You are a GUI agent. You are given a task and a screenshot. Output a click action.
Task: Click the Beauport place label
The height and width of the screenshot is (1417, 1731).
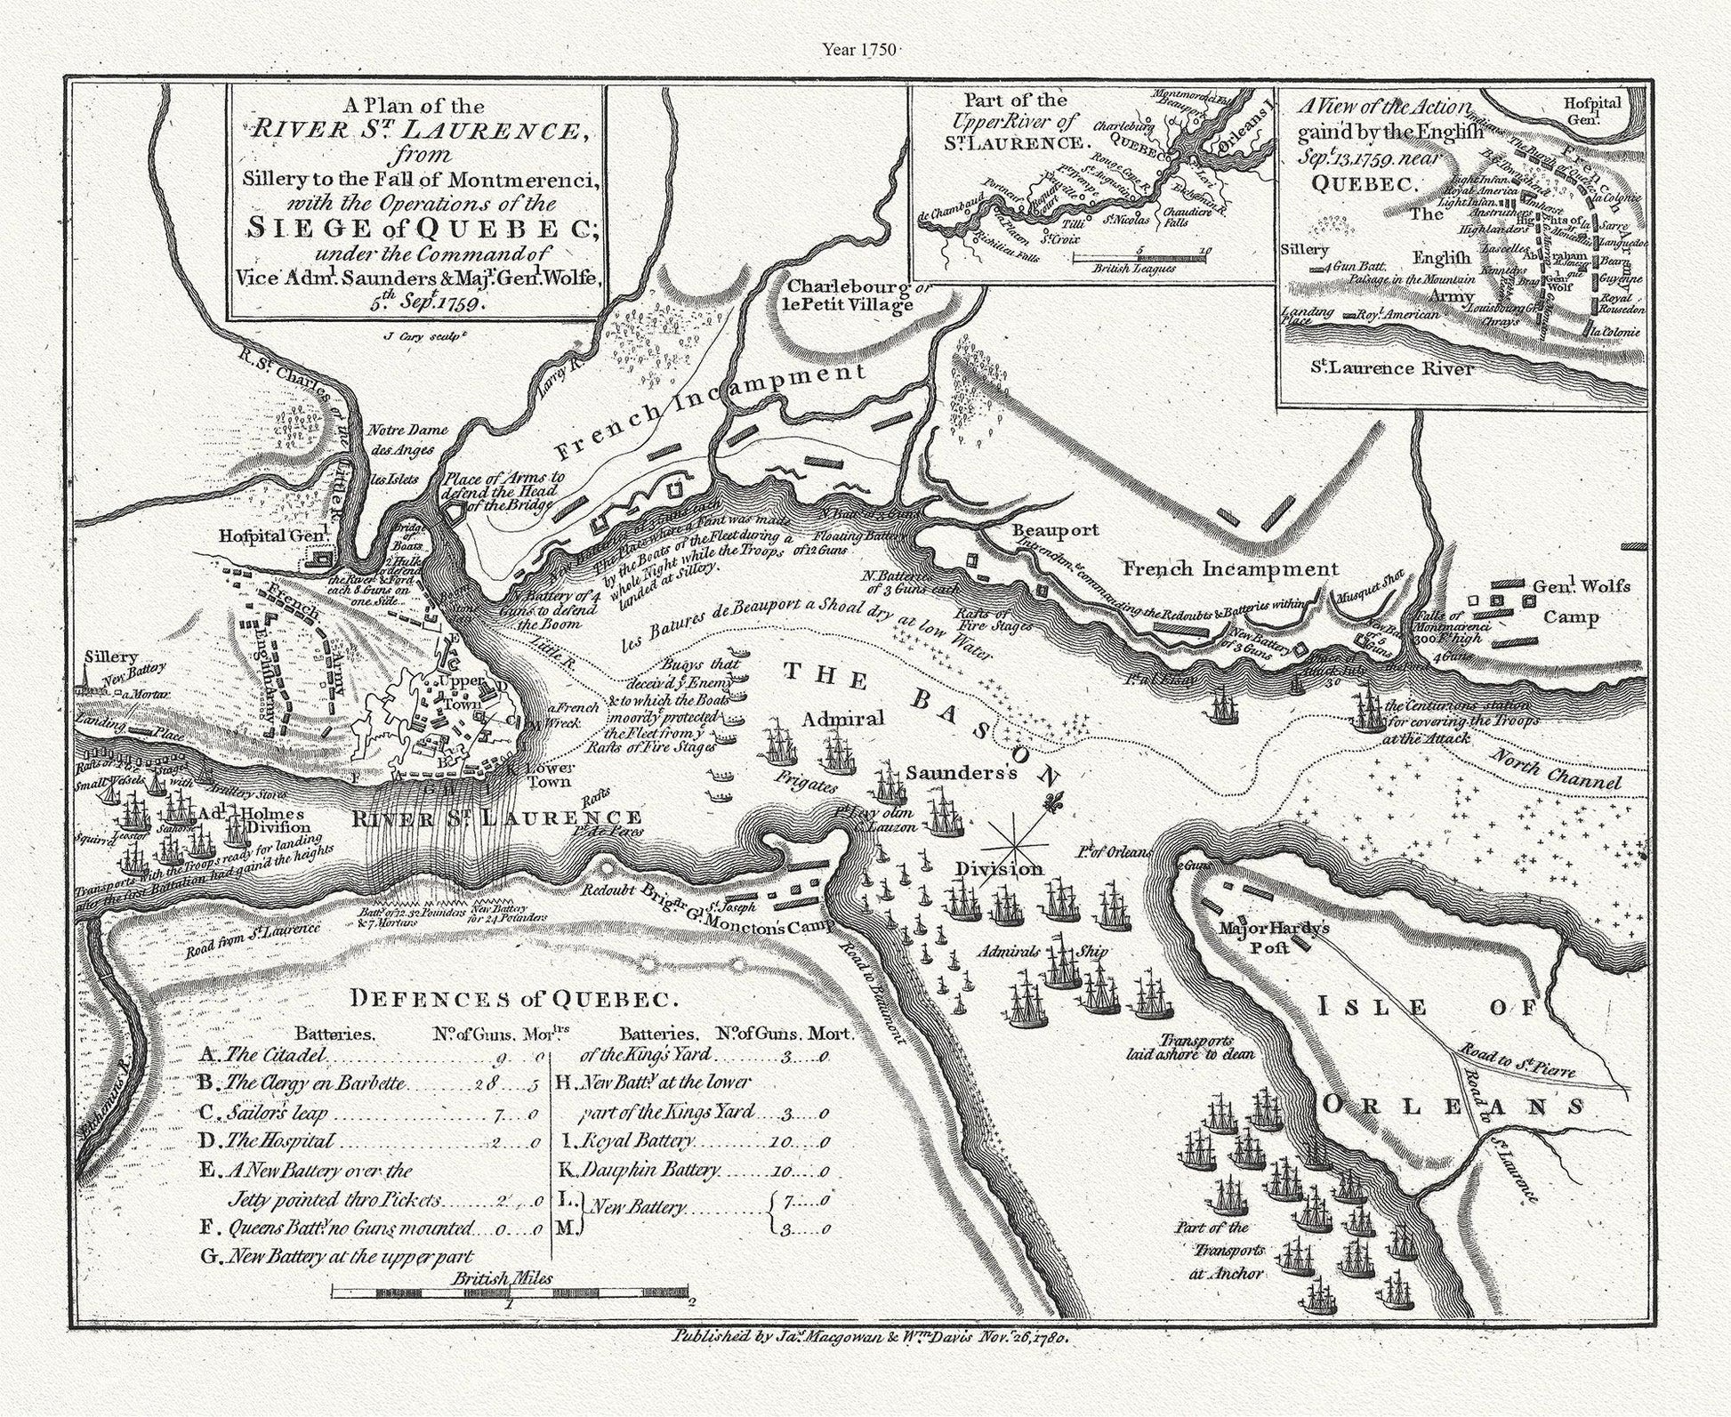pyautogui.click(x=1056, y=530)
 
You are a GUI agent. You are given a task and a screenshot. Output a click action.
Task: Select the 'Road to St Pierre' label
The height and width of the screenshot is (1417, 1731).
pyautogui.click(x=1516, y=1059)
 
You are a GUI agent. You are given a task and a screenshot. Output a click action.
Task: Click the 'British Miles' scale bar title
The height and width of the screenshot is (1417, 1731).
pyautogui.click(x=502, y=1278)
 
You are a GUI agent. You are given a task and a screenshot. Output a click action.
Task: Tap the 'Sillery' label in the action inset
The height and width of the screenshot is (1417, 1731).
pyautogui.click(x=1305, y=250)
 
